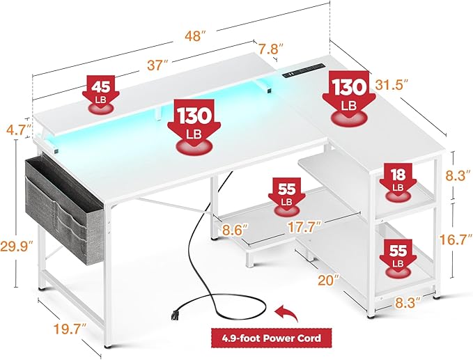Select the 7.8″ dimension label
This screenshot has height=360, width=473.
pos(271,49)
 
